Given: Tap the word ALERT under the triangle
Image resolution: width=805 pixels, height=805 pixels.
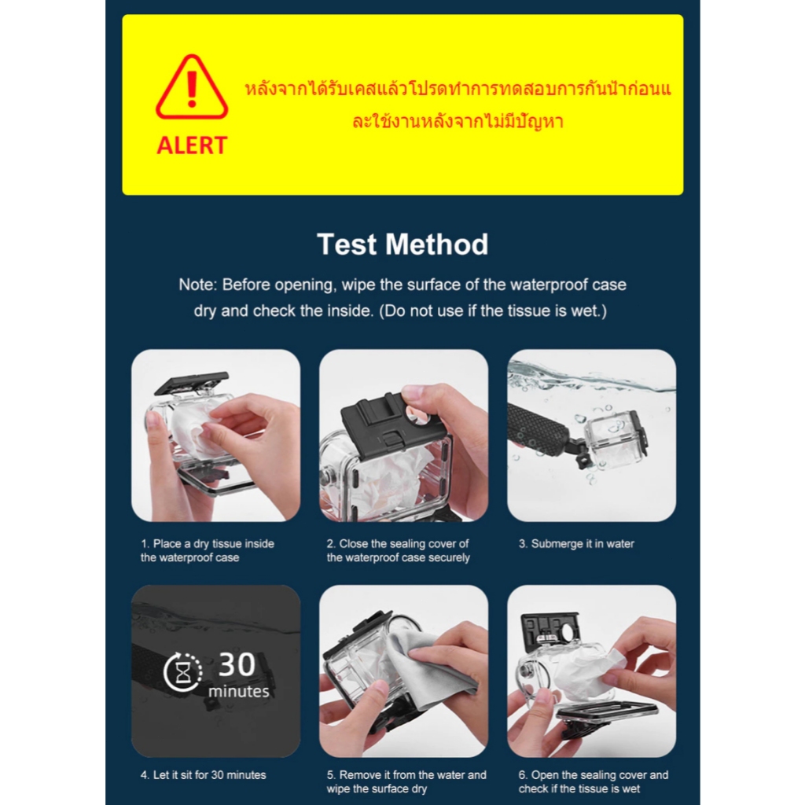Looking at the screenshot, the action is click(x=192, y=145).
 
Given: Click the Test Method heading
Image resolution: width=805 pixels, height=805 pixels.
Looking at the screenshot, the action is click(x=402, y=244).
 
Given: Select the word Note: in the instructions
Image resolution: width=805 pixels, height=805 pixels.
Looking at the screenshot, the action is click(x=198, y=285).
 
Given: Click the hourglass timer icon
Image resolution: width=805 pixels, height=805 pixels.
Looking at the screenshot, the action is click(x=182, y=671).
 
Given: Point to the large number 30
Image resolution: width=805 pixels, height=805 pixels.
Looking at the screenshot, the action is click(x=237, y=664).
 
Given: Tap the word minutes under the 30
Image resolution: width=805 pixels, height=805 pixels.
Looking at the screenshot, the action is click(x=239, y=692).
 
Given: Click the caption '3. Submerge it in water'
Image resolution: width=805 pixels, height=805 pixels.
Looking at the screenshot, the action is click(x=576, y=544).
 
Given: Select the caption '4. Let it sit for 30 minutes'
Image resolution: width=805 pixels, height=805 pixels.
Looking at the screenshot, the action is click(x=204, y=774).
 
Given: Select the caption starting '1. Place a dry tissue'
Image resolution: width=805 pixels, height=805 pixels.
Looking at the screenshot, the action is click(x=208, y=550).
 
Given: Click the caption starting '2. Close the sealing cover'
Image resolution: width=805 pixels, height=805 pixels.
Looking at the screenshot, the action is click(x=399, y=550).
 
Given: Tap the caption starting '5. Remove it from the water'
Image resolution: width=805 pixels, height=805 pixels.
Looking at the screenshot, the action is click(x=406, y=781).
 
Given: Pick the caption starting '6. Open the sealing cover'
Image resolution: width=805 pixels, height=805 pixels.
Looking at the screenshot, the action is click(x=594, y=781).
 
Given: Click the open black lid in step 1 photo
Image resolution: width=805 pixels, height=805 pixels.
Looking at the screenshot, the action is click(x=192, y=384).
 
